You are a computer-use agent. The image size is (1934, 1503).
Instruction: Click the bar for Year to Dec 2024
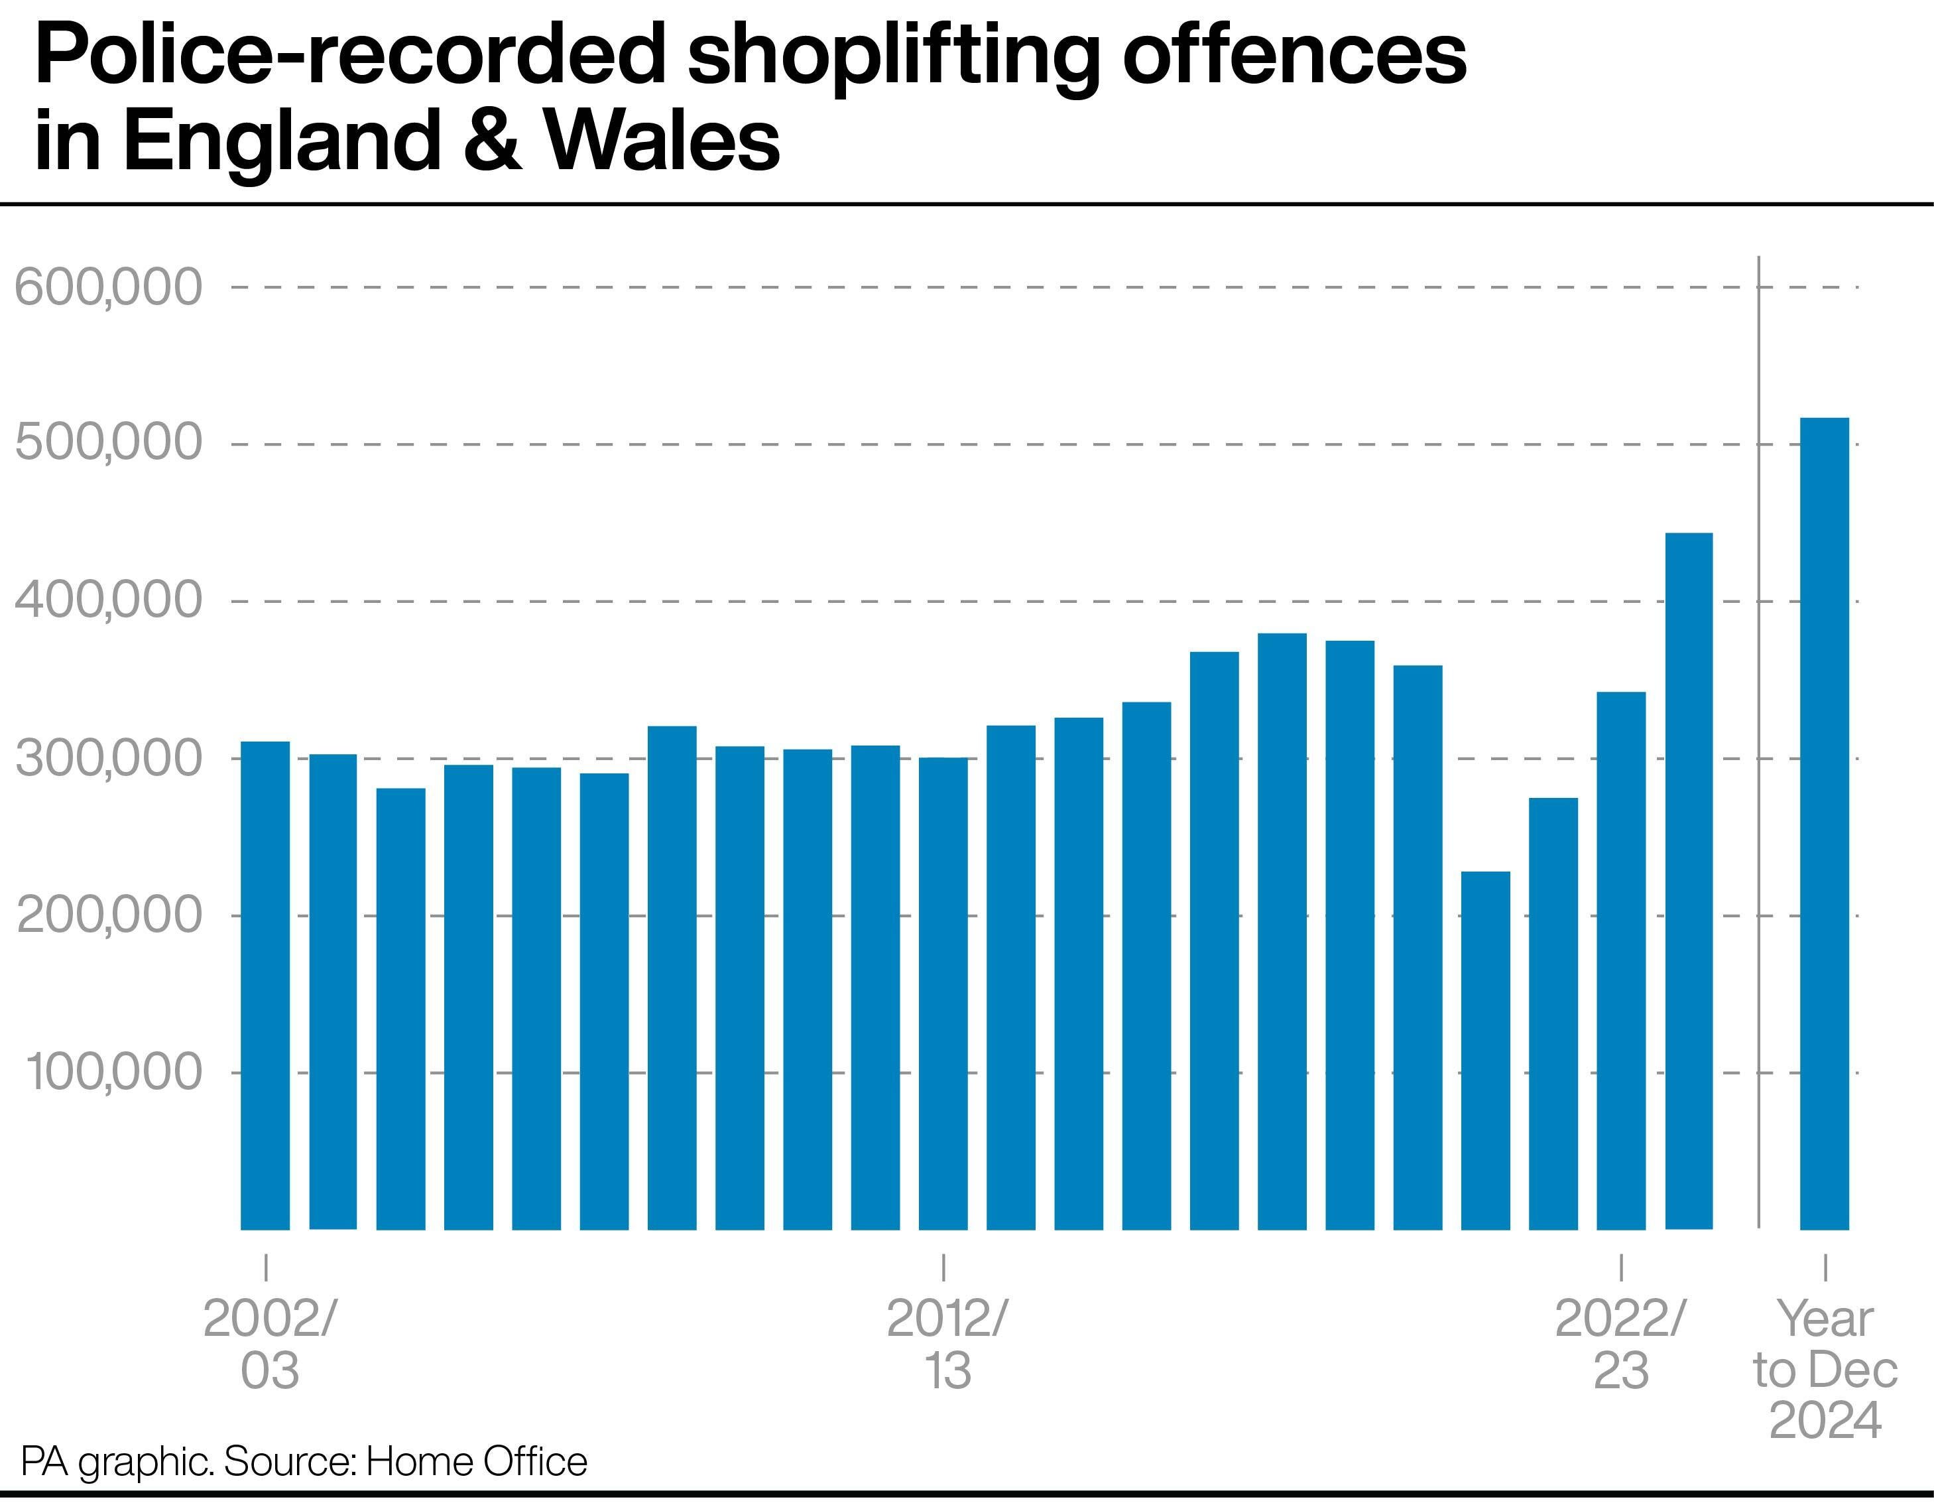coord(1824,824)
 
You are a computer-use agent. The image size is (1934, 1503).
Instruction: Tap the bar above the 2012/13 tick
coord(943,993)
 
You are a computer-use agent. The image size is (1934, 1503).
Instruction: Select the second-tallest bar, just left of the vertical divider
coord(1689,882)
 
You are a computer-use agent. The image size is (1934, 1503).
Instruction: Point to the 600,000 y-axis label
coord(109,287)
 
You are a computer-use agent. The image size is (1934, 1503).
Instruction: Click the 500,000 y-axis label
coord(109,444)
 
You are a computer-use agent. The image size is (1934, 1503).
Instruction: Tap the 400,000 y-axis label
coord(109,600)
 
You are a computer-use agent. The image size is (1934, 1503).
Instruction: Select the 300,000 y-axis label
coord(109,758)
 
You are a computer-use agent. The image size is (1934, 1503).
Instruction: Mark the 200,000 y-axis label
coord(109,915)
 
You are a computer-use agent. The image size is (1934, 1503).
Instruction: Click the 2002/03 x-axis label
coord(269,1344)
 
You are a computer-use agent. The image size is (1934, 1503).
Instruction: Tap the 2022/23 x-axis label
coord(1620,1344)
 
